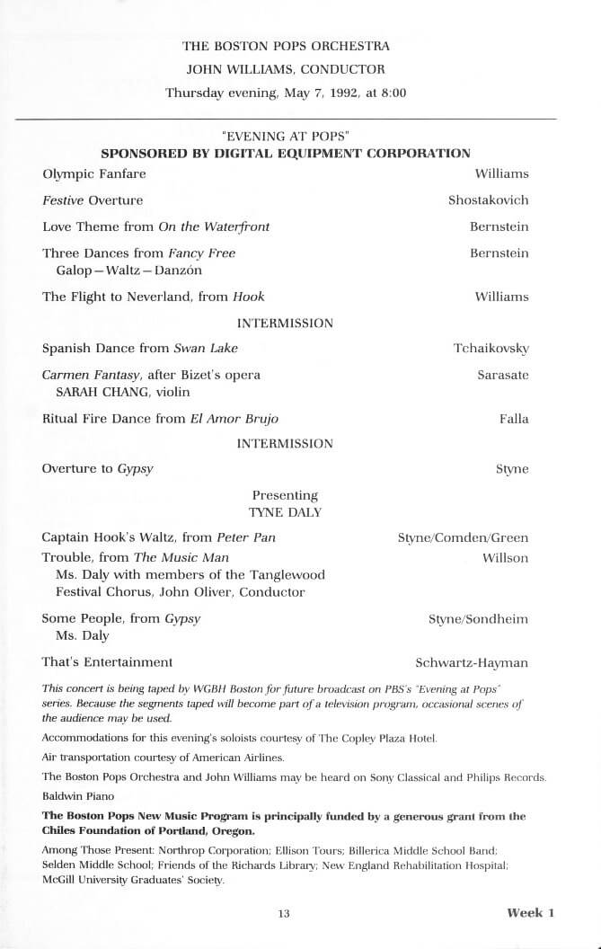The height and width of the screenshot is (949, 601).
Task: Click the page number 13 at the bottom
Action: point(284,914)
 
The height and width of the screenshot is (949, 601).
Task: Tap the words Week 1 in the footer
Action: point(531,913)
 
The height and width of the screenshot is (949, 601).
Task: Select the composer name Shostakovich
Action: point(488,200)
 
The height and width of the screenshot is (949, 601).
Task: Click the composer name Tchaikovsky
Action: point(491,349)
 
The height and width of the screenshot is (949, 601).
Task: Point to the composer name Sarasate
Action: point(502,374)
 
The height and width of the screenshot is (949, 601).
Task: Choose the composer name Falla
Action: point(514,419)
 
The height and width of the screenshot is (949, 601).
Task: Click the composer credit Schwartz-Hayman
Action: point(472,663)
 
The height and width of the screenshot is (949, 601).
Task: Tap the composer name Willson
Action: point(505,558)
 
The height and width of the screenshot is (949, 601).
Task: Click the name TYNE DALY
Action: point(285,512)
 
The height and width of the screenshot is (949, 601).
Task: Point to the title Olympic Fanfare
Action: point(94,173)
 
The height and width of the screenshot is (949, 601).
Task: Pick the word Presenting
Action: point(285,495)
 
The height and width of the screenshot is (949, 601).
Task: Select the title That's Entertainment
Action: point(107,662)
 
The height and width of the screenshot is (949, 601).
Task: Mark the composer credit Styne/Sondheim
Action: point(478,619)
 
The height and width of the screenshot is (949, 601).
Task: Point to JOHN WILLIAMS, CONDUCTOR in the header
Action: point(285,68)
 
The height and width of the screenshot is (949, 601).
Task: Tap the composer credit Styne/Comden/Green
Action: point(463,538)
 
